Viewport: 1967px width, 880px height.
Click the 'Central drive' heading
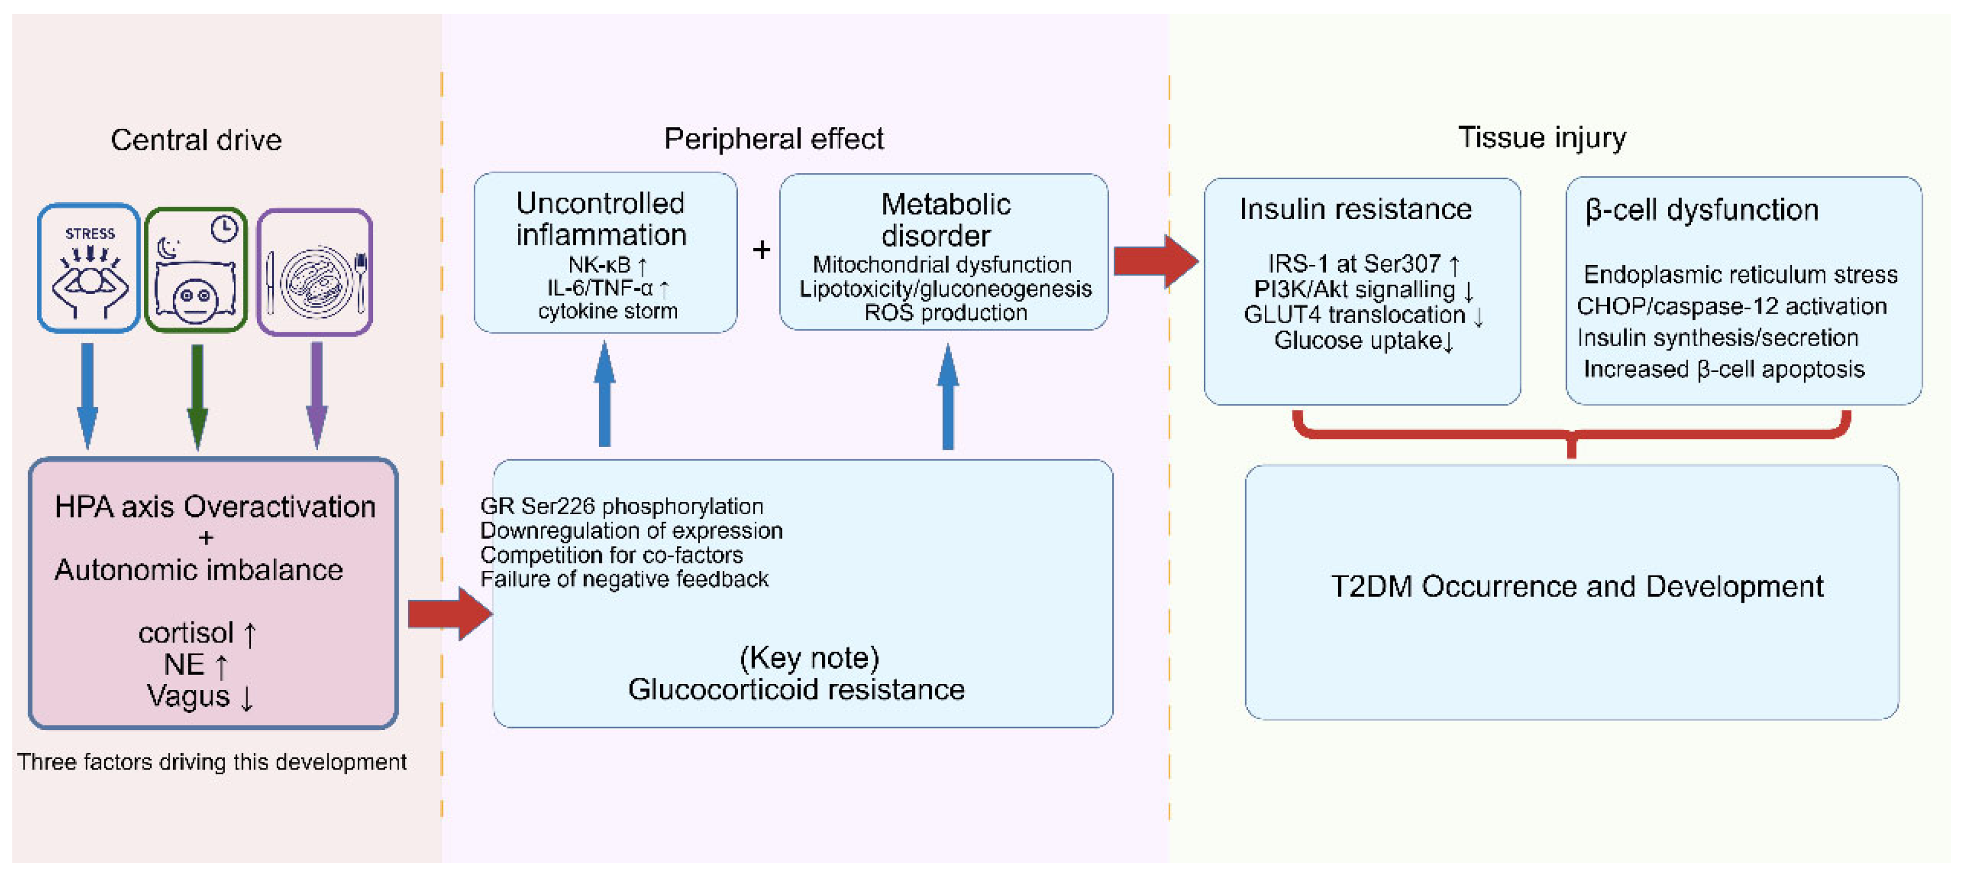click(196, 140)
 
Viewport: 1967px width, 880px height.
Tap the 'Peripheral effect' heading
click(773, 139)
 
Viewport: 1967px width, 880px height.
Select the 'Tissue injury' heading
click(1541, 137)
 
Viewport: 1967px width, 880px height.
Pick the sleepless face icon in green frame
click(196, 269)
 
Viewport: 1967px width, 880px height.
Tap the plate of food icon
click(315, 272)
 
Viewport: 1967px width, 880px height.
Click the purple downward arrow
click(317, 395)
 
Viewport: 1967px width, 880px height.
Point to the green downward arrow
click(197, 397)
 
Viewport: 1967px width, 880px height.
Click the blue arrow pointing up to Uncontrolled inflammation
click(605, 394)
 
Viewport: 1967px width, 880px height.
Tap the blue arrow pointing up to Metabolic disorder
click(947, 395)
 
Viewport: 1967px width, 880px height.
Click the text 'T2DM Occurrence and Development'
click(1577, 586)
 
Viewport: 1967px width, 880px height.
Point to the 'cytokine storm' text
click(608, 311)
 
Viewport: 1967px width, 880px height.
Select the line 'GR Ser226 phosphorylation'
click(622, 506)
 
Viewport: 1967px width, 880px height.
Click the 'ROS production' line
click(945, 313)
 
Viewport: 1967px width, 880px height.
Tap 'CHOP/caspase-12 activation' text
click(1732, 306)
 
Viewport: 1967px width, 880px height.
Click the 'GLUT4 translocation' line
click(1363, 315)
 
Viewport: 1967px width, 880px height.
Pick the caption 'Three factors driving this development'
click(212, 762)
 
